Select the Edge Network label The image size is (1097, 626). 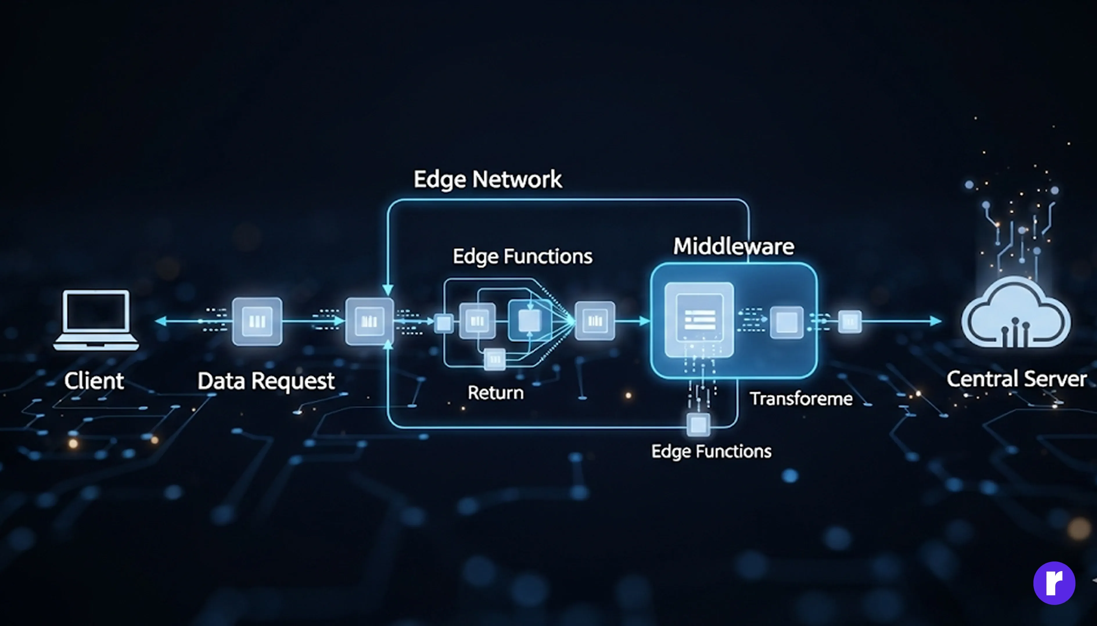point(487,179)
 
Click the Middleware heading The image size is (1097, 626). point(733,246)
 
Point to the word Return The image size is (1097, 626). point(495,393)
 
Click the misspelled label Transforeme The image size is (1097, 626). point(801,398)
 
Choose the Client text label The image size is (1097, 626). point(94,380)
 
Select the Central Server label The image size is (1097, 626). point(1016,379)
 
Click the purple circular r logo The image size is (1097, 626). point(1054,583)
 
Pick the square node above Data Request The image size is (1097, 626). point(257,321)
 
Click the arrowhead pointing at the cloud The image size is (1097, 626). point(936,321)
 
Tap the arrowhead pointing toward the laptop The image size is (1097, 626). point(161,321)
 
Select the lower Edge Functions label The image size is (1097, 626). point(711,451)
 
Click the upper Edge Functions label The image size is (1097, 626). point(523,256)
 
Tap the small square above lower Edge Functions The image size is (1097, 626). point(698,424)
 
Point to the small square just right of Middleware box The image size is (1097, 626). point(850,321)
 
